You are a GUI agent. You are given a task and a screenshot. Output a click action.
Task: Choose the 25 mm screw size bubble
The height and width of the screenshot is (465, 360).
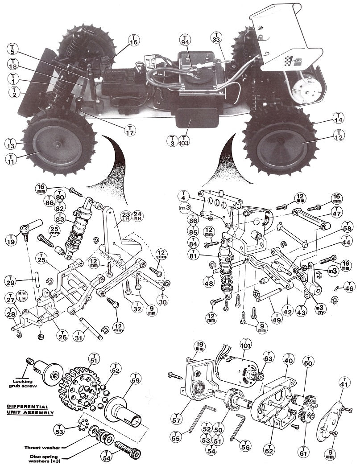point(55,231)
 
